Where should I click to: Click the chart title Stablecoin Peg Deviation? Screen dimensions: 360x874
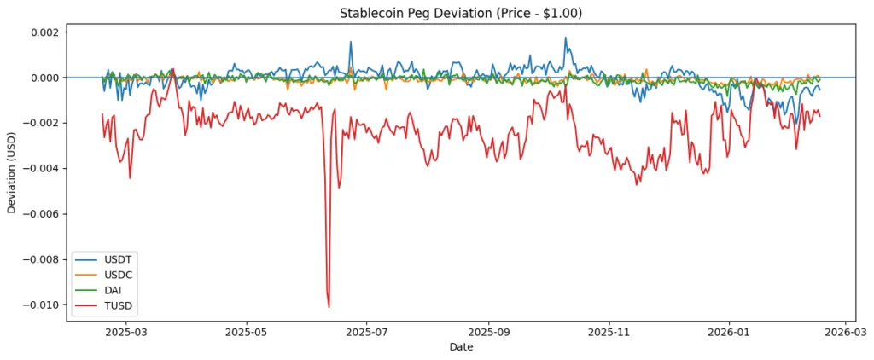[437, 12]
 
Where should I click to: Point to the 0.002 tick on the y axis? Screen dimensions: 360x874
[46, 32]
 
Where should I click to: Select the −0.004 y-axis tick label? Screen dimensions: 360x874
[43, 169]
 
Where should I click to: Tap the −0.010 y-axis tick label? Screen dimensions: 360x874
[43, 305]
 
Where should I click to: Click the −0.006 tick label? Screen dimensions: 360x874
[43, 214]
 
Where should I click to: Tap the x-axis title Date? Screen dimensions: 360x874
[461, 348]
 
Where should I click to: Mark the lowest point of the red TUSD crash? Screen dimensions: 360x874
[329, 306]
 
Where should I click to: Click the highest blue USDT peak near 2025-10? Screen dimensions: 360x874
[565, 38]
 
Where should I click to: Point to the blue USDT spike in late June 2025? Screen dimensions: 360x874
[350, 42]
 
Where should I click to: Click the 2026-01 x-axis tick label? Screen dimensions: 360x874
[731, 332]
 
